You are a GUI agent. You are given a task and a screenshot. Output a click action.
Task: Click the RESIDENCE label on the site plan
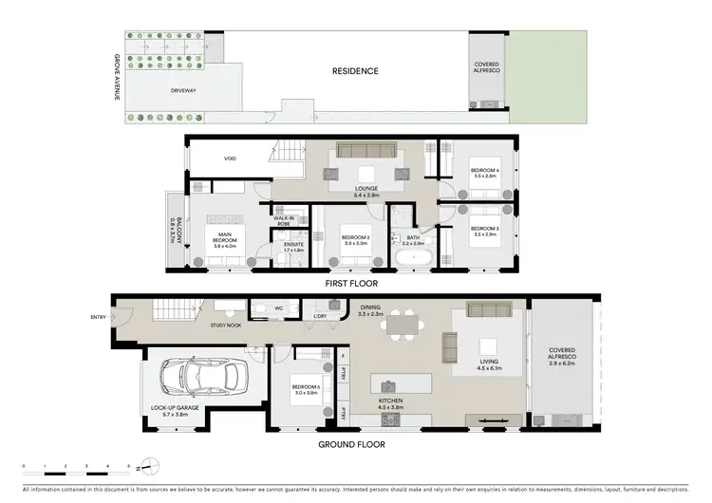[354, 71]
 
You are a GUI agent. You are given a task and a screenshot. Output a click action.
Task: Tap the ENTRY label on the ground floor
[98, 317]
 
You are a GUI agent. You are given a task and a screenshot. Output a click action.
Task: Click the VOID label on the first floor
[229, 158]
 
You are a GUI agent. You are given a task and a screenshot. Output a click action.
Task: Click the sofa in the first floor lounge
[365, 152]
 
